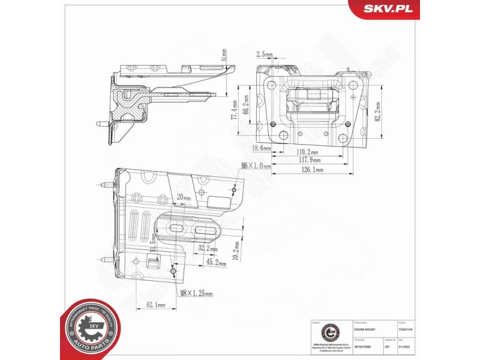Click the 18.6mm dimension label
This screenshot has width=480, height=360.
coord(261,148)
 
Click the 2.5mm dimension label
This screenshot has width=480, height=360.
coord(264,55)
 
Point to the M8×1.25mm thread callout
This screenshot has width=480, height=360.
coord(196,293)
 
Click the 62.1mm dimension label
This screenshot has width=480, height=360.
coord(156,305)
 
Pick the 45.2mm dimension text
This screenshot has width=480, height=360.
coord(215,263)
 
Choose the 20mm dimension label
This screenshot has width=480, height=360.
coord(184,197)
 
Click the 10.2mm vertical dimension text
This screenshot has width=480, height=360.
coord(237,248)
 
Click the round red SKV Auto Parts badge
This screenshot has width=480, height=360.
coord(88,328)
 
